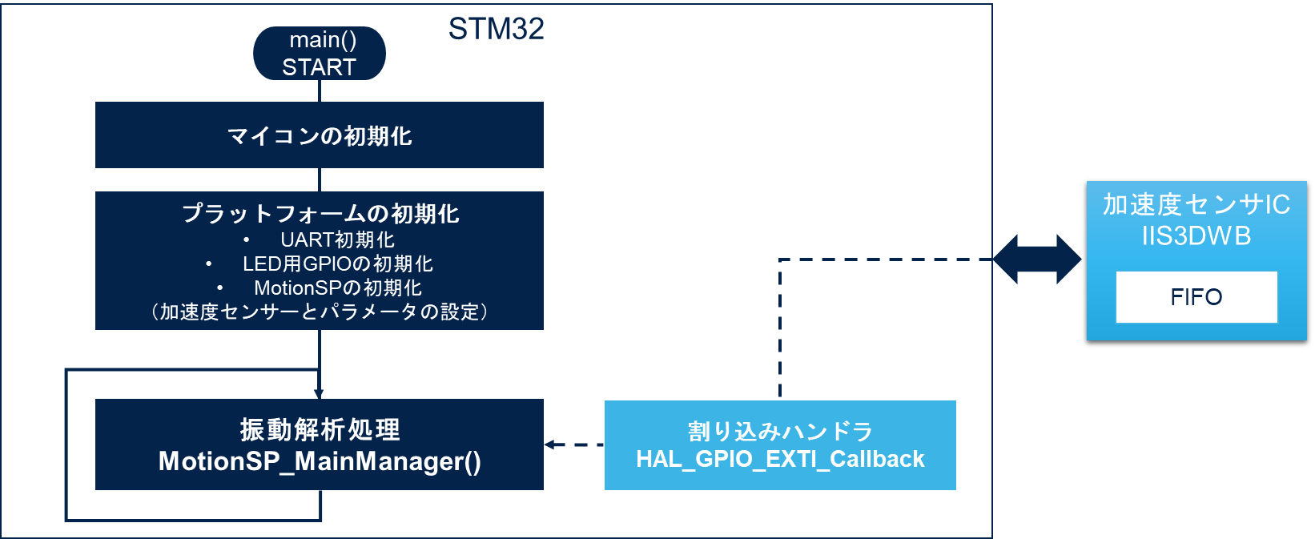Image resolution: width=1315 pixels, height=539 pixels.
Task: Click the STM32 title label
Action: click(496, 28)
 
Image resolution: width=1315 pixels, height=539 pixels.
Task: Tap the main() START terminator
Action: click(320, 54)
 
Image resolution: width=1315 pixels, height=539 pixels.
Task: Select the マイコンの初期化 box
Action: click(320, 135)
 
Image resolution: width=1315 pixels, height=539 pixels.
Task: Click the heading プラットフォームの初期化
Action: click(320, 213)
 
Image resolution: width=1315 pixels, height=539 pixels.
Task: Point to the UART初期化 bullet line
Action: click(337, 239)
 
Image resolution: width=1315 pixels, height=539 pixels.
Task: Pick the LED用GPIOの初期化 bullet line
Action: click(337, 263)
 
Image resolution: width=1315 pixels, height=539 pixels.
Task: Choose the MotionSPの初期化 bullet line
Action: click(337, 288)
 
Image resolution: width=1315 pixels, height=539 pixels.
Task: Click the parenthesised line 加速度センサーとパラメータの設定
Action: click(320, 312)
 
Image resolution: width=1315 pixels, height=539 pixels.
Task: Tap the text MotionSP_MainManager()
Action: click(320, 461)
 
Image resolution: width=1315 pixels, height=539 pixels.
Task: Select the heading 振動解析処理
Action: click(320, 430)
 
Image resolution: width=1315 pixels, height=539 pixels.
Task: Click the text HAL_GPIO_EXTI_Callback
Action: click(780, 459)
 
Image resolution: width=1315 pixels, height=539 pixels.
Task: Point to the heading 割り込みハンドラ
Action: click(780, 432)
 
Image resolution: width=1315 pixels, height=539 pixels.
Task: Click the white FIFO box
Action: click(1196, 296)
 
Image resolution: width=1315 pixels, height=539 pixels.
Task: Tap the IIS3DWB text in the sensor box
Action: click(1196, 236)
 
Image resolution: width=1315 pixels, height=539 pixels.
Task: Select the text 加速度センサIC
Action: click(1196, 204)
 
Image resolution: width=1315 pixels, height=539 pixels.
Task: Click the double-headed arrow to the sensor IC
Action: click(1037, 259)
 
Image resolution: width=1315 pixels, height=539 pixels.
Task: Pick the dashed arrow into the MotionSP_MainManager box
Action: click(574, 444)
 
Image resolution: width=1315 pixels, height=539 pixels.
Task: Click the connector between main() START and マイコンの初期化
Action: click(320, 91)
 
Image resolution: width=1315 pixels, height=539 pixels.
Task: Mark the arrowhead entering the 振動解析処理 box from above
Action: click(319, 394)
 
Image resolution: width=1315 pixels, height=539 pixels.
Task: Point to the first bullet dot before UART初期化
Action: click(246, 239)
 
